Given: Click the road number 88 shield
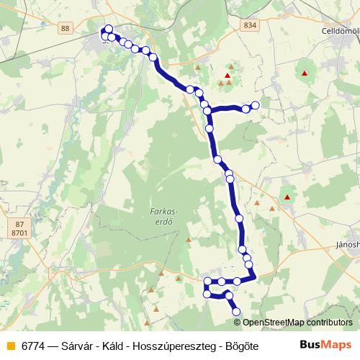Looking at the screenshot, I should coord(66,27).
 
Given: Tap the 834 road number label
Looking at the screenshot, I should coord(250,25).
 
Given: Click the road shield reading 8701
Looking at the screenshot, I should coord(19,233).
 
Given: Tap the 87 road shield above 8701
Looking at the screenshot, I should coord(18,225).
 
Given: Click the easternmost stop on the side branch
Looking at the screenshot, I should coord(255,105).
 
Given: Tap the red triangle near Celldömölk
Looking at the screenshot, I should coord(305,73).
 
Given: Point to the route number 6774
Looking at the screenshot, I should coord(32,344).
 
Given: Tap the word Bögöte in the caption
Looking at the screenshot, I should coord(240,344).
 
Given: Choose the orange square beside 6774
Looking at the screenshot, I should coord(10,344).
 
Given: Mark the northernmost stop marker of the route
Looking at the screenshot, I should coord(109,30).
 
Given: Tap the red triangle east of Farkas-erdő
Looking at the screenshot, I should coord(287,197).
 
